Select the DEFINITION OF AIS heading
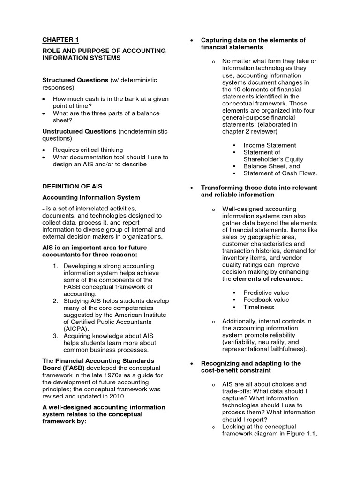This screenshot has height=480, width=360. pyautogui.click(x=72, y=187)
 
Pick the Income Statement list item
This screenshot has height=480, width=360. pyautogui.click(x=270, y=145)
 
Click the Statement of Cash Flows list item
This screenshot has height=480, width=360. pyautogui.click(x=280, y=173)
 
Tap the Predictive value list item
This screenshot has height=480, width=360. pyautogui.click(x=266, y=292)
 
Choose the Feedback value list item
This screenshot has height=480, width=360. pyautogui.click(x=266, y=300)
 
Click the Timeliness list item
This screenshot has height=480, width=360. pyautogui.click(x=259, y=307)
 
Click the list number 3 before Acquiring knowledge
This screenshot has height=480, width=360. pyautogui.click(x=55, y=336)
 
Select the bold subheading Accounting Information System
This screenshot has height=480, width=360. pyautogui.click(x=91, y=198)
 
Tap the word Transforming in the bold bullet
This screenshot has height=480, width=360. pyautogui.click(x=221, y=187)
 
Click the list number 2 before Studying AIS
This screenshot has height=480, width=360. pyautogui.click(x=55, y=300)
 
